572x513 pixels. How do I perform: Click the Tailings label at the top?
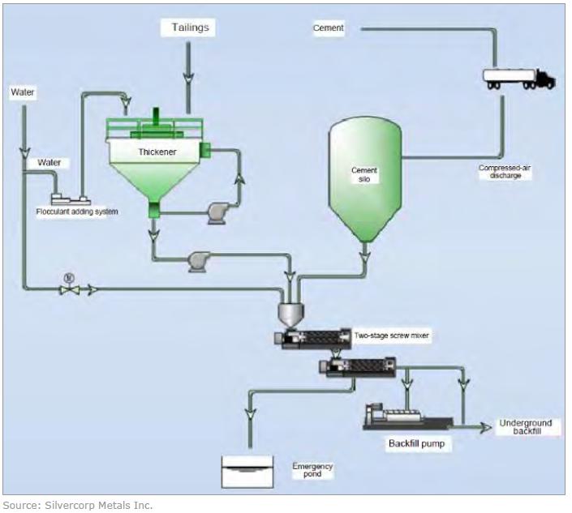tap(191, 28)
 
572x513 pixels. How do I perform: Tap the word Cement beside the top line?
tap(329, 28)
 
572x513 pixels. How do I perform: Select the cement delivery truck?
tap(518, 78)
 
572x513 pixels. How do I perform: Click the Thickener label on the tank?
tap(157, 151)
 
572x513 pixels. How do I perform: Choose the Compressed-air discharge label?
tap(505, 172)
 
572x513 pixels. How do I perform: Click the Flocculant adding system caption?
tap(77, 212)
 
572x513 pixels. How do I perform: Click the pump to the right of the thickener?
tap(218, 212)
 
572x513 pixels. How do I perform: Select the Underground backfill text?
tap(525, 427)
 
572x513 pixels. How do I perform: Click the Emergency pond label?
tap(312, 470)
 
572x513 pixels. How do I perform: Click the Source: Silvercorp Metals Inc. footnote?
tap(78, 505)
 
